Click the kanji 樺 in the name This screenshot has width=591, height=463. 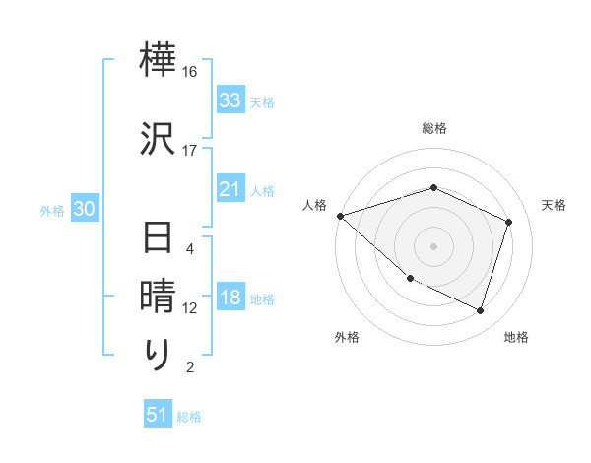coord(157,62)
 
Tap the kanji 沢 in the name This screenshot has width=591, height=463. coord(157,138)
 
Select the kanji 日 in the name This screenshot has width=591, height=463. coord(157,239)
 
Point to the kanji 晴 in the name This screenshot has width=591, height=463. coord(157,297)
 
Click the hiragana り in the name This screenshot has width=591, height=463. coord(157,354)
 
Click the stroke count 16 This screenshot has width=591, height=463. coord(190,72)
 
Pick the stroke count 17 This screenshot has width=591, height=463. coord(190,150)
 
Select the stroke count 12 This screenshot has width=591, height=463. coord(190,308)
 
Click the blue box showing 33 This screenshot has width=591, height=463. coord(230,100)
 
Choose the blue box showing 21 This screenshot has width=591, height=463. coord(230,189)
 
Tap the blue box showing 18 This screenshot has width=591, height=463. coord(230,298)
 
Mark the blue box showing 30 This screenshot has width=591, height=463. coord(84,210)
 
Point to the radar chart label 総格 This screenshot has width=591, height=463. coord(434,128)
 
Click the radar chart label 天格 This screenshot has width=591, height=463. coord(554,205)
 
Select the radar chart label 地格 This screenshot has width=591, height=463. coord(516,337)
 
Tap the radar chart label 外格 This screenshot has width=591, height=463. coord(347,337)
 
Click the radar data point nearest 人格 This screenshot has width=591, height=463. coord(340,216)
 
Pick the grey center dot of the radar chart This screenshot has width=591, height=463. coord(434,246)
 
